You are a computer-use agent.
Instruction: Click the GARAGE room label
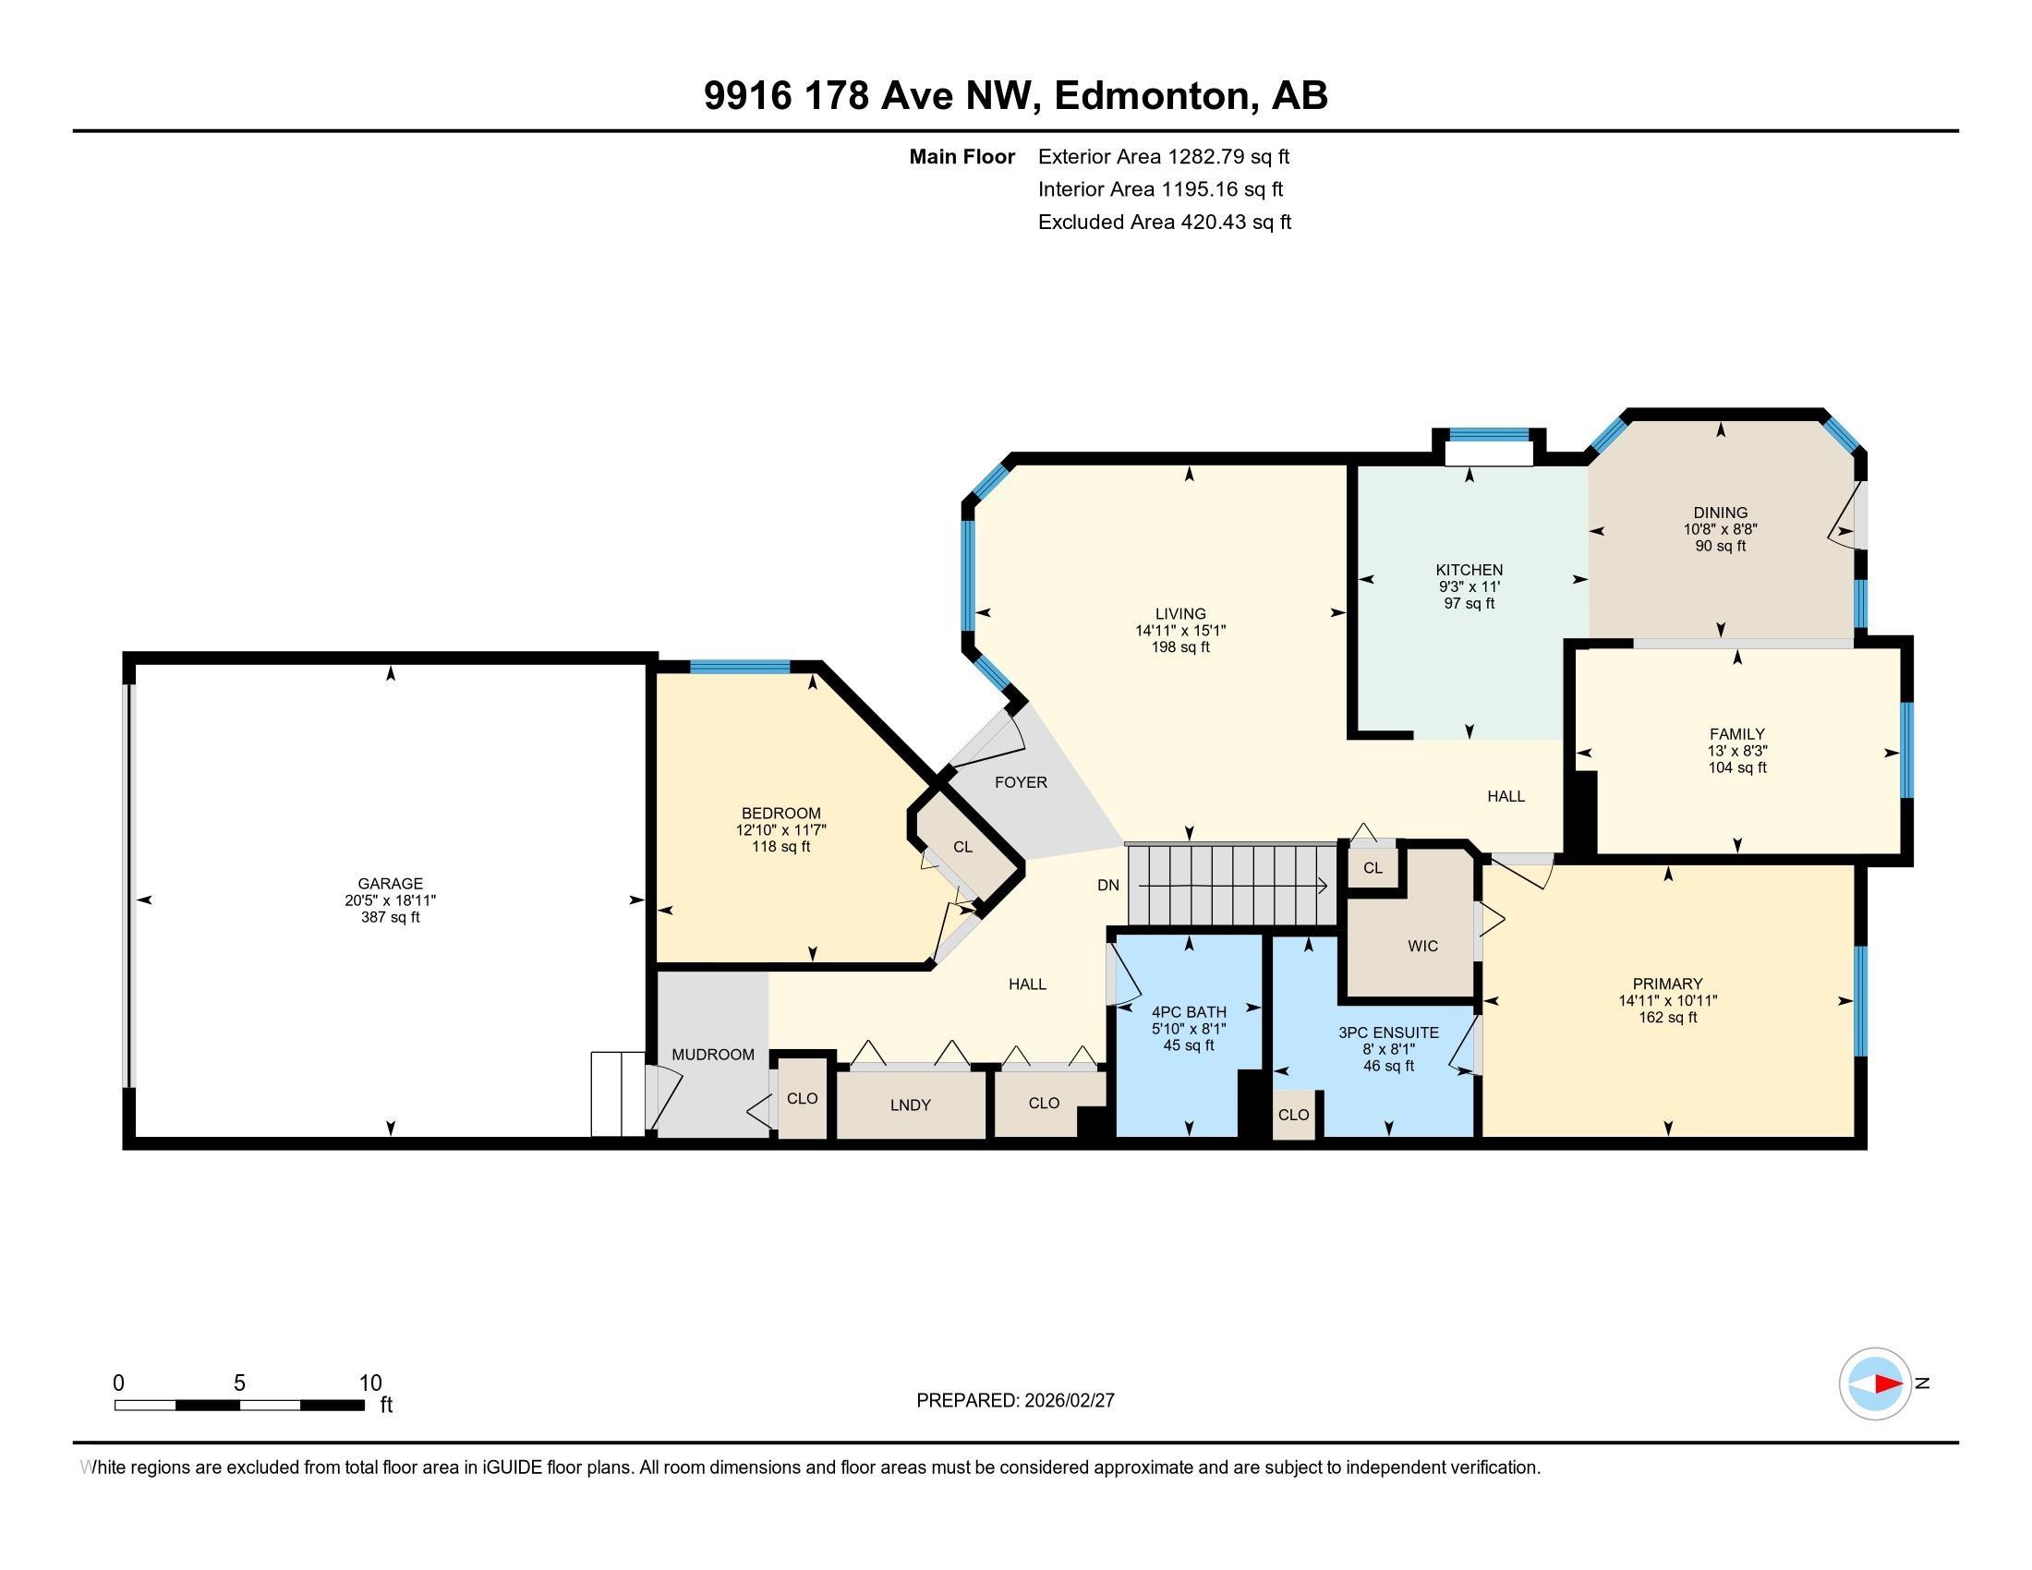point(390,884)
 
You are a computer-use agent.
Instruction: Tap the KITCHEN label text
point(1470,570)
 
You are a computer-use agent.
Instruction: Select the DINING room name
point(1721,513)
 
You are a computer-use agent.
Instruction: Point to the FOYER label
point(1021,782)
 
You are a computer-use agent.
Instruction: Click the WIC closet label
point(1422,946)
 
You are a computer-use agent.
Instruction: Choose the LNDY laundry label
point(910,1105)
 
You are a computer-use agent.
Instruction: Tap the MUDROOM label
point(713,1055)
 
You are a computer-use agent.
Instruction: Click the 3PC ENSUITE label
point(1388,1033)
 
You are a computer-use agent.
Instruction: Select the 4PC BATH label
point(1189,1012)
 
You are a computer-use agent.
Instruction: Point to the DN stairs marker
point(1108,886)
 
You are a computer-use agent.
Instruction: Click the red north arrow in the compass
point(1888,1383)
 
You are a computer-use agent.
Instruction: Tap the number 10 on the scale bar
point(370,1383)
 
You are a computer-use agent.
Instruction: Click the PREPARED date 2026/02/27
point(1068,1401)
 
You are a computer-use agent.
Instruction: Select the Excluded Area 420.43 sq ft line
point(1165,223)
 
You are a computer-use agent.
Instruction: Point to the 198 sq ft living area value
point(1180,647)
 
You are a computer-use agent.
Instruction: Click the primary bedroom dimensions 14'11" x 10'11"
point(1667,1001)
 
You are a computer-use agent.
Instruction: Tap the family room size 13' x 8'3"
point(1737,751)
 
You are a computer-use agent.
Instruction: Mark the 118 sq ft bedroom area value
point(781,847)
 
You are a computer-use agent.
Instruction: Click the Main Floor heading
point(962,157)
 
